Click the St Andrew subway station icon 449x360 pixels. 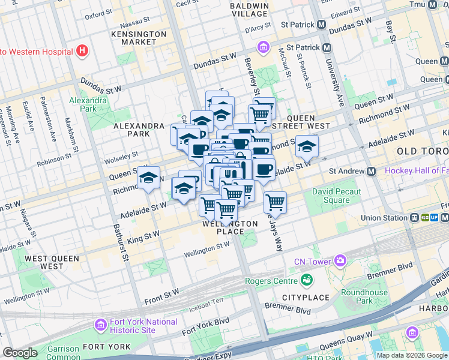pyautogui.click(x=371, y=172)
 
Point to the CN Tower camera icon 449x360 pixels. pyautogui.click(x=340, y=260)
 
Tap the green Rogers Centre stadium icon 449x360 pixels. pyautogui.click(x=307, y=280)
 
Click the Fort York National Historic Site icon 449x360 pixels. pyautogui.click(x=101, y=326)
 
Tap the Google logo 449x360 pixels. pyautogui.click(x=20, y=352)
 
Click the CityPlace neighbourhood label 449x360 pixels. pyautogui.click(x=306, y=298)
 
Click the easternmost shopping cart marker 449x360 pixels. pyautogui.click(x=275, y=202)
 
